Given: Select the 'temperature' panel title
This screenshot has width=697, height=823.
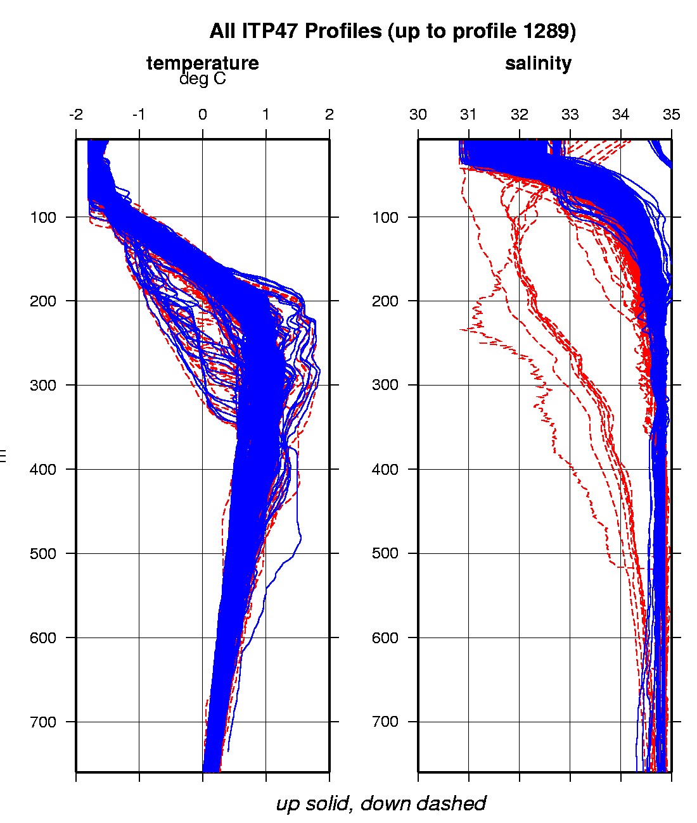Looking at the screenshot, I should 202,63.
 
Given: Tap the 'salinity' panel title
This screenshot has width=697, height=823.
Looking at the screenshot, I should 538,63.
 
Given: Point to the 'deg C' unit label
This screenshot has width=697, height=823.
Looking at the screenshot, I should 202,79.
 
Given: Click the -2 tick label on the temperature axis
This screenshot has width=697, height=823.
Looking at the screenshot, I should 76,115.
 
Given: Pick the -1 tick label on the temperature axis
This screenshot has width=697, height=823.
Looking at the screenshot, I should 139,115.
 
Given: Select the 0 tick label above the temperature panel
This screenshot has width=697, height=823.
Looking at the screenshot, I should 203,115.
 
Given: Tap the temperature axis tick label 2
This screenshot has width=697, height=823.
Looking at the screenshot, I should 329,115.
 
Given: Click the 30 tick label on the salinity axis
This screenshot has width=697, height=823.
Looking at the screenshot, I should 418,115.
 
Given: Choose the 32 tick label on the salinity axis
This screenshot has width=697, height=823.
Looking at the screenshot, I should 520,115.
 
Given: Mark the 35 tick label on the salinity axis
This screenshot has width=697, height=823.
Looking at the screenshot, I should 671,115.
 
